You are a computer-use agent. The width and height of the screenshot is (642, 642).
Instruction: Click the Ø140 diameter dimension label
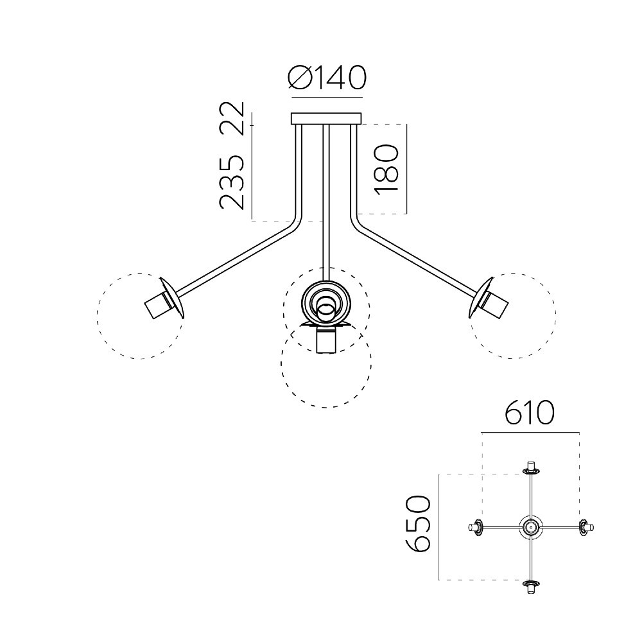point(327,78)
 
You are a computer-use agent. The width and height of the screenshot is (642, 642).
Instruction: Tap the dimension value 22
point(232,119)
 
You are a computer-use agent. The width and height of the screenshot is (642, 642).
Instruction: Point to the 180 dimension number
point(386,168)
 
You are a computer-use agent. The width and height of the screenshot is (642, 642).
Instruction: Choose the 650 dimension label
point(418,524)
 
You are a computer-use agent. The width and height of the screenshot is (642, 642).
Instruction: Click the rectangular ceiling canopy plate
point(326,119)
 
